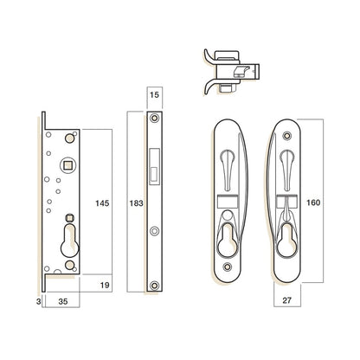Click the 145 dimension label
(x=102, y=203)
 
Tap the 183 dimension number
(x=136, y=203)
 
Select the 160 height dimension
(x=313, y=202)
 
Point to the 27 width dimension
(x=286, y=300)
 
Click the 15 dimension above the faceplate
(x=154, y=94)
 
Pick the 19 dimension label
(x=105, y=285)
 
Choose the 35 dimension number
(x=63, y=301)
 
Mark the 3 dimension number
(x=39, y=301)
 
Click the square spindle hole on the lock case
(x=68, y=165)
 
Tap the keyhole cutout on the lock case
(x=69, y=241)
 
